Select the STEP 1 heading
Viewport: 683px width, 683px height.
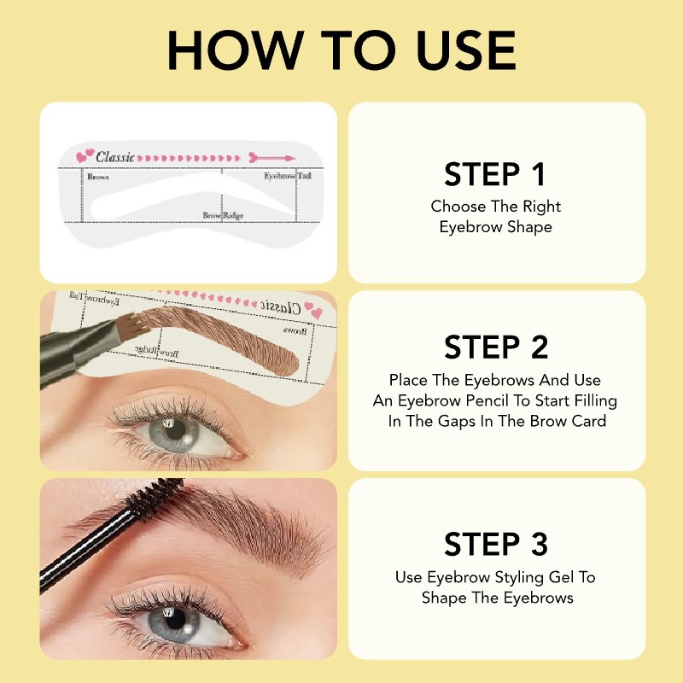[x=495, y=174]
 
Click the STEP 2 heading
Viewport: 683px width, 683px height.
[x=495, y=347]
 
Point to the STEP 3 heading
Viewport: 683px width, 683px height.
[x=495, y=544]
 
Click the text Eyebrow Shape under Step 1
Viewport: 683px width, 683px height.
[x=496, y=227]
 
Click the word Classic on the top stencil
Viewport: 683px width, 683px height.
[x=116, y=157]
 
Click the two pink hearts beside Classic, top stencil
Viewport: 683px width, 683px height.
[x=85, y=157]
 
